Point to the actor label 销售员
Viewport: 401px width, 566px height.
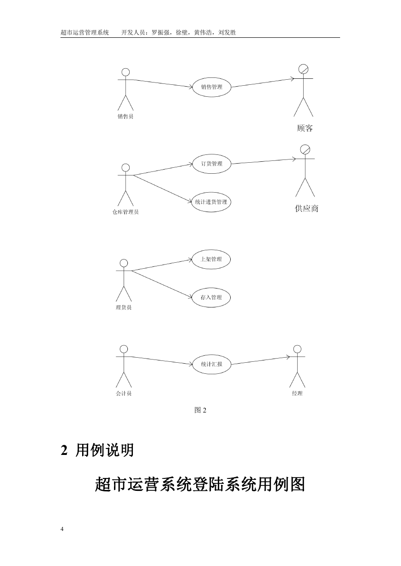[x=126, y=117]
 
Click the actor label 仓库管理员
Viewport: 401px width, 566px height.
[x=126, y=212]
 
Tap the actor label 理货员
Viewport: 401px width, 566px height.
[x=124, y=307]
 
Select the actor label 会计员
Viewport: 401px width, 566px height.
[x=124, y=394]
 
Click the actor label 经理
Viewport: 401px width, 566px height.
[x=297, y=394]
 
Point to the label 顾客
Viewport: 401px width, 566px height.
[x=305, y=128]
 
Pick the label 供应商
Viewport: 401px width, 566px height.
[x=306, y=208]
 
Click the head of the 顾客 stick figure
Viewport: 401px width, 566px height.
[x=303, y=69]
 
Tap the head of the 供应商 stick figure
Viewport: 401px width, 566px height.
[x=305, y=149]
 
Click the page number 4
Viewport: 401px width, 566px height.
[x=62, y=529]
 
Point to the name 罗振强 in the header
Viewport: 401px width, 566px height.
[x=161, y=32]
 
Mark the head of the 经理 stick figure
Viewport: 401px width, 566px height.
[x=297, y=349]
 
